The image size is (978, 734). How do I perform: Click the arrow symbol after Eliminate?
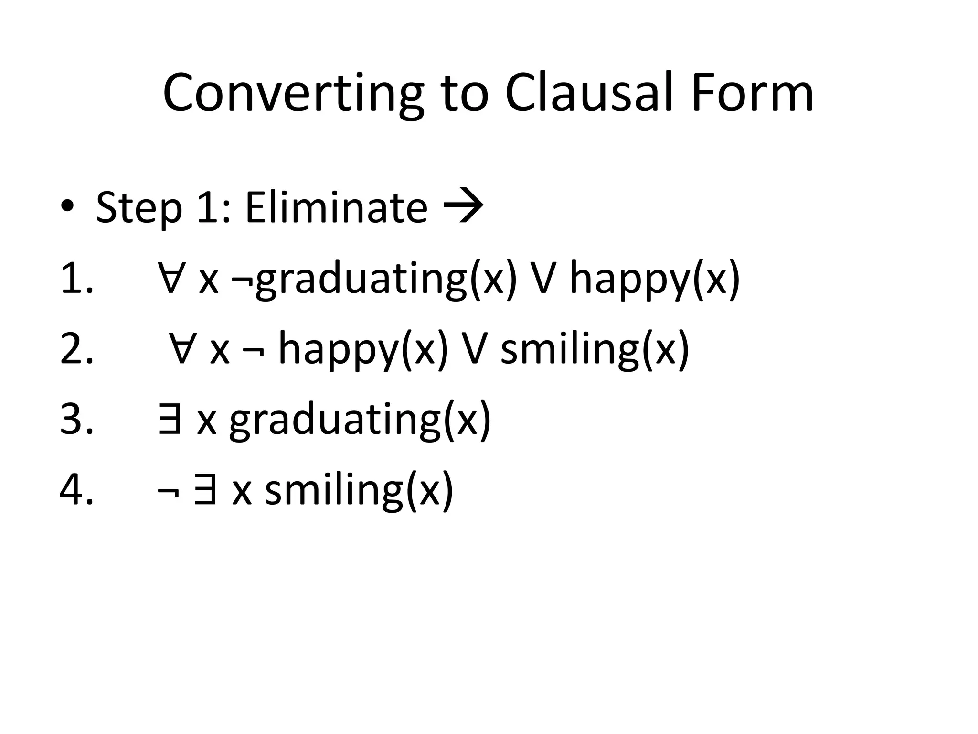[464, 207]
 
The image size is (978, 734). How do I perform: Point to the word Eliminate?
[336, 208]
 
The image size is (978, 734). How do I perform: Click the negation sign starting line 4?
[168, 492]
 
